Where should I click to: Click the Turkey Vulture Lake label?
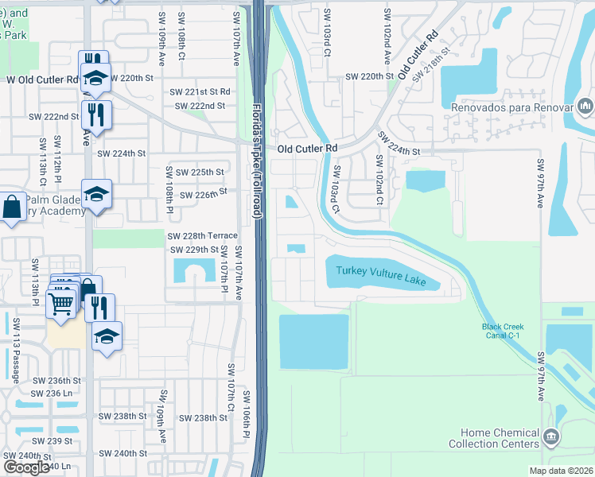(380, 276)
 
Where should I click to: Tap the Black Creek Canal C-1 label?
(502, 332)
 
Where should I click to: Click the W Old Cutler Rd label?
(41, 79)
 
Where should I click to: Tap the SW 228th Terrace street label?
(202, 236)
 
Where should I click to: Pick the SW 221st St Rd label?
(205, 92)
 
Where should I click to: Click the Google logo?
(26, 467)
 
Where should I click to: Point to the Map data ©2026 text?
(560, 471)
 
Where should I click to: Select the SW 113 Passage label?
(17, 349)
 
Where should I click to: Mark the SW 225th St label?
(199, 172)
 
